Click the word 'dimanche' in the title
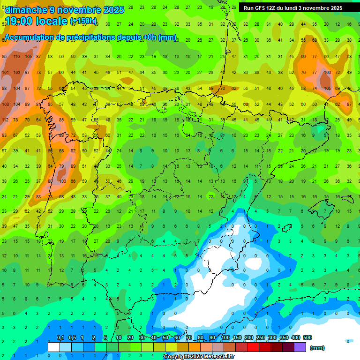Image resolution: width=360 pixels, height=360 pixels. (24, 9)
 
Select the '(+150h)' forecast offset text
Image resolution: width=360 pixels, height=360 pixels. (83, 21)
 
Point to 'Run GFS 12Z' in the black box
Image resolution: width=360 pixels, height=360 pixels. (261, 8)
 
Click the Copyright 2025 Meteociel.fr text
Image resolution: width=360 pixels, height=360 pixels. (199, 357)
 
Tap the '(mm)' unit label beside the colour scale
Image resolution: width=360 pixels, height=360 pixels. (317, 348)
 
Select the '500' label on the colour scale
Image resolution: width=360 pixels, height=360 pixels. (307, 338)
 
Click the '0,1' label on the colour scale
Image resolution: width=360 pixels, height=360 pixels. (60, 338)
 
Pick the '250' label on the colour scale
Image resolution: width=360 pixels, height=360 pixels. (260, 338)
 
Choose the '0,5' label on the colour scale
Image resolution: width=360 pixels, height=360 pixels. (72, 338)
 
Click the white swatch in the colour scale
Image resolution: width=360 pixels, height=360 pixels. (54, 347)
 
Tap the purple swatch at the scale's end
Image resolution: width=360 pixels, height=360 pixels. (300, 347)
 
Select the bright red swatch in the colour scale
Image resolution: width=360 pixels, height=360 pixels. (253, 347)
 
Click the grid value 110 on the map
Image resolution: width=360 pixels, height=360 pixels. (16, 56)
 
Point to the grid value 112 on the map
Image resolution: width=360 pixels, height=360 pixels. (5, 120)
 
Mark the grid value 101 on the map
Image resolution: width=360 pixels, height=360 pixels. (5, 72)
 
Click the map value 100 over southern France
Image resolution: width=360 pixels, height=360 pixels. (326, 72)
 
